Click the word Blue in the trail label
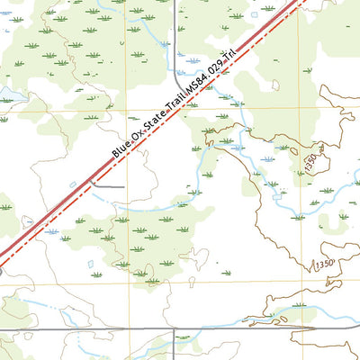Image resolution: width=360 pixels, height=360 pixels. click(x=121, y=148)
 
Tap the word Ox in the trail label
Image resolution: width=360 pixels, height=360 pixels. click(x=138, y=132)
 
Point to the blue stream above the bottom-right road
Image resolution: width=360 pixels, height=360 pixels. click(x=297, y=310)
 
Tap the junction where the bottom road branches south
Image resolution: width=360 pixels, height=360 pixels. click(x=173, y=329)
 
